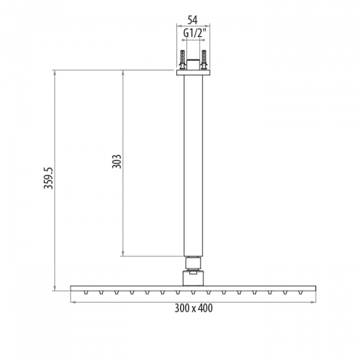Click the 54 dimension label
(193, 20)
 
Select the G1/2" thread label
(193, 34)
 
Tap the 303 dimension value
(116, 161)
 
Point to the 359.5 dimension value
(49, 178)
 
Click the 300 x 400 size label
(194, 308)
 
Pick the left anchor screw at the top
(183, 60)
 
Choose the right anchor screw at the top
(204, 60)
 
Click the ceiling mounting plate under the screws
(193, 73)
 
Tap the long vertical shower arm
(193, 166)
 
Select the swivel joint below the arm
(193, 263)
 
